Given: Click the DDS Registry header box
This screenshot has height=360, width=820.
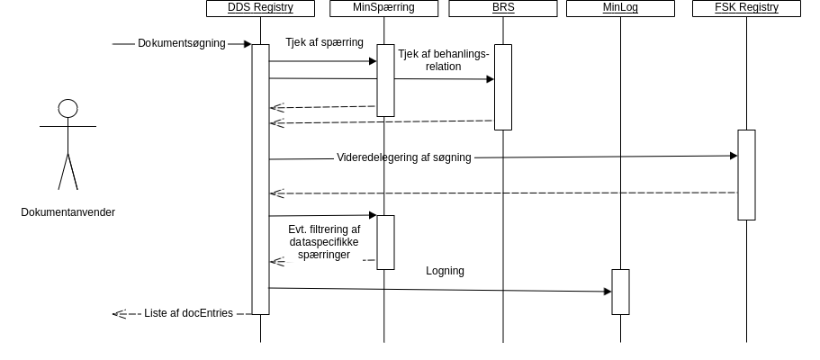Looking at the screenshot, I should coord(261,9).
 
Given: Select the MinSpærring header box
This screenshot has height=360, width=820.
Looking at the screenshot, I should coord(384,9).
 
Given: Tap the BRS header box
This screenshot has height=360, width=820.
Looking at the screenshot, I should coord(503,9).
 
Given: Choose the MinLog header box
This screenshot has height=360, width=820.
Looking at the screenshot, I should coord(621,9).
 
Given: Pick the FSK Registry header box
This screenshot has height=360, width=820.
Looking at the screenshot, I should coord(746,9).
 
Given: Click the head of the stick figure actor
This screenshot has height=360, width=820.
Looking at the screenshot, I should coord(68,109).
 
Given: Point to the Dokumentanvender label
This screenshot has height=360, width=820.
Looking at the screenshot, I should coord(68,212).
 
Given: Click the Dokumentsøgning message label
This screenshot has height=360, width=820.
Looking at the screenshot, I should coord(181,43).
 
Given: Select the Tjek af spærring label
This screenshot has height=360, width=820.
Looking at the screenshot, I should coord(324,42).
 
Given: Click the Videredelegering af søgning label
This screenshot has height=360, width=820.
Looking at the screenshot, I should coord(403,157).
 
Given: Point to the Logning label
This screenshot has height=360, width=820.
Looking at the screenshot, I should coord(446,270).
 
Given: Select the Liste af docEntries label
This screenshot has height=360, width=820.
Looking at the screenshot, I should coord(188,313).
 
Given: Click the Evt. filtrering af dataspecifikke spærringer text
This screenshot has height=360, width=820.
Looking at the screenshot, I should coord(325,242).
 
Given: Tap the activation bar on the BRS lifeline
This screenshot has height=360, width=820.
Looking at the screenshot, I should coord(503,87).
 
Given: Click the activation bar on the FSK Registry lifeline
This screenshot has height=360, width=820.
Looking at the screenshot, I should coord(746,175).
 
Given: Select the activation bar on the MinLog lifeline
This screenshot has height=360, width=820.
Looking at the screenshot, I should coord(621,292).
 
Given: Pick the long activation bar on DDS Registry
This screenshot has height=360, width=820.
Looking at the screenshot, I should coord(260,180).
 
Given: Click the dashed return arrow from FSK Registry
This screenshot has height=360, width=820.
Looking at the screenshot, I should coord(504,193).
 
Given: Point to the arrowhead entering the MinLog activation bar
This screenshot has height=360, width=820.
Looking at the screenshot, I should coord(607,292).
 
